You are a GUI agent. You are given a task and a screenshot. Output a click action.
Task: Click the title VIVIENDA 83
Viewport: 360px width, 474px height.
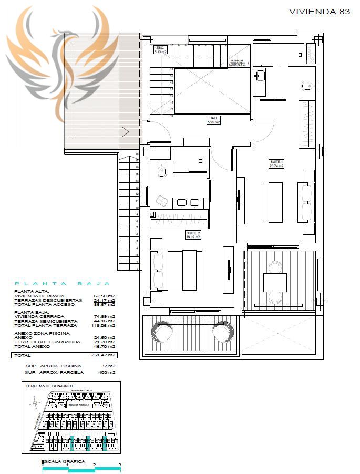click(x=320, y=11)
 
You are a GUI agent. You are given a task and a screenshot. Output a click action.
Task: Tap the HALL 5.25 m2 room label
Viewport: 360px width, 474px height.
click(x=213, y=120)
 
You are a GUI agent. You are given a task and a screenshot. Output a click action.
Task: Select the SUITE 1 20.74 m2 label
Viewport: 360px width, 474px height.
click(x=276, y=163)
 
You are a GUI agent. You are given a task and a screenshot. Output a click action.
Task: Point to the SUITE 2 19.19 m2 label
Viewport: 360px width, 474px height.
click(x=193, y=234)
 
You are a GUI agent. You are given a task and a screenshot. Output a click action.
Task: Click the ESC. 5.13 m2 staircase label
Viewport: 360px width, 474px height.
click(x=160, y=50)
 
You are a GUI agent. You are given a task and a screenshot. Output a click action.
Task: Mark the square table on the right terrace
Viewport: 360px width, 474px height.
click(x=275, y=282)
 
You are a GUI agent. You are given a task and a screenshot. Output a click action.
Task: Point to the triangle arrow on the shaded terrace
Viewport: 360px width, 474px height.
click(x=125, y=132)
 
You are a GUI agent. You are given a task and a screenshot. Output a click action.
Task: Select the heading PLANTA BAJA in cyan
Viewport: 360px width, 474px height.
click(x=63, y=283)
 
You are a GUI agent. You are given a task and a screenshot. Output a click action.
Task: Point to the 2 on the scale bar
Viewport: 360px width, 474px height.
click(x=94, y=465)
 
